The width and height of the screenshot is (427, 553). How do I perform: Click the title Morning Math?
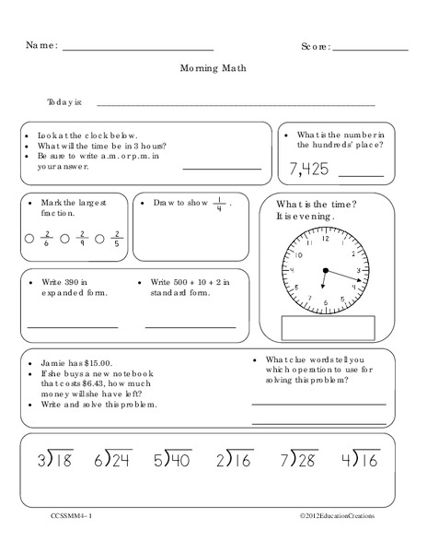[x=213, y=67]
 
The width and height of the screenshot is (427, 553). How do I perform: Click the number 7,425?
[x=307, y=170]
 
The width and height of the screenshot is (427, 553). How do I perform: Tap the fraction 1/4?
[x=220, y=203]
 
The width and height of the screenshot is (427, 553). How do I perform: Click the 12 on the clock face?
[x=324, y=239]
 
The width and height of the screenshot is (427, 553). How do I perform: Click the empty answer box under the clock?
[x=328, y=329]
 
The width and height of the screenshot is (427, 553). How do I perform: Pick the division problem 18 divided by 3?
[x=56, y=459]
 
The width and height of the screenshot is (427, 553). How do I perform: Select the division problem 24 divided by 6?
[x=113, y=459]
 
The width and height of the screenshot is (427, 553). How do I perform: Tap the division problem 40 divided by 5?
[x=173, y=459]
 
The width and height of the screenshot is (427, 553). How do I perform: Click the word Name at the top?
[x=40, y=44]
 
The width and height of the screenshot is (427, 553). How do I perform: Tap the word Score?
[x=315, y=45]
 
